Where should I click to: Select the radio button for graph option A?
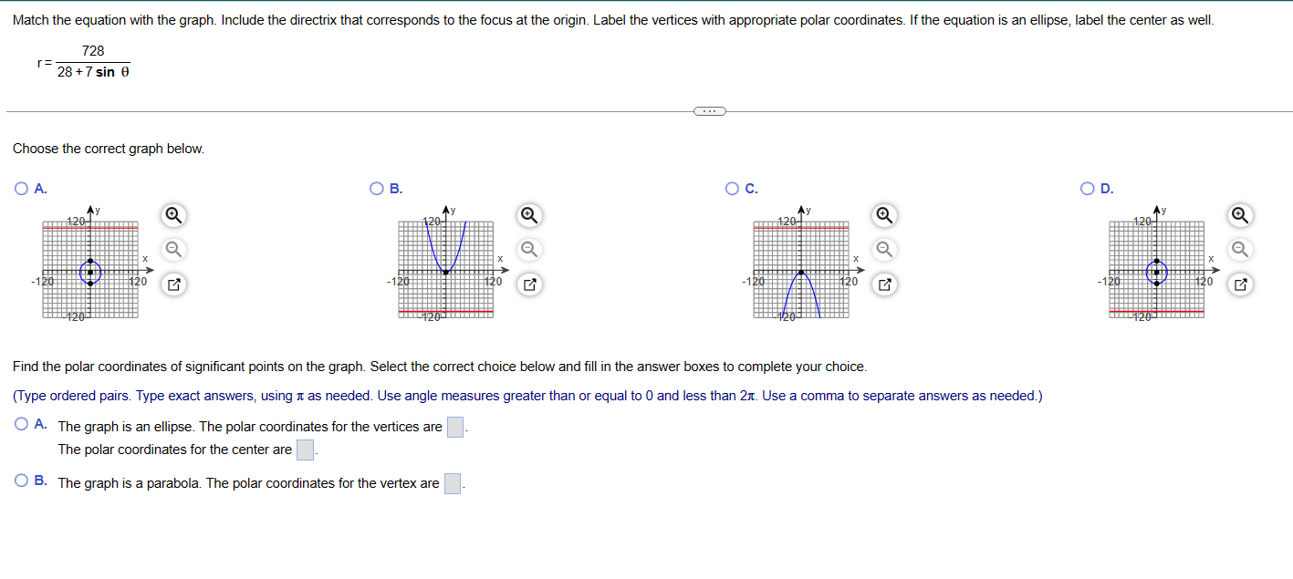coord(21,190)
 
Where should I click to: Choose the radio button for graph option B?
coord(376,190)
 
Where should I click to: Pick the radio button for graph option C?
coord(732,190)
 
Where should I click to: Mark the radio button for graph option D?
coord(1088,190)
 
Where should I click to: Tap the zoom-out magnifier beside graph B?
coord(527,250)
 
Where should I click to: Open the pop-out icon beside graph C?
coord(882,285)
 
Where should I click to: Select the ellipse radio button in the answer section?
coord(21,426)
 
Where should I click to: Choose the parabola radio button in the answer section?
coord(21,482)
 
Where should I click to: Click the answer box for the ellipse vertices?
coord(455,427)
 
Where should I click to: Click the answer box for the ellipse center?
coord(306,450)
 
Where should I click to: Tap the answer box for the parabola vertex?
coord(453,483)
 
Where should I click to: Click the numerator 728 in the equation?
coord(93,52)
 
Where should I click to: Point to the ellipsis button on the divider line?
coord(708,111)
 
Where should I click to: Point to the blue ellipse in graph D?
coord(1167,272)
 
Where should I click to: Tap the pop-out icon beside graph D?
coord(1239,285)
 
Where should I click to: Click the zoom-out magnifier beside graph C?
coord(882,250)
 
